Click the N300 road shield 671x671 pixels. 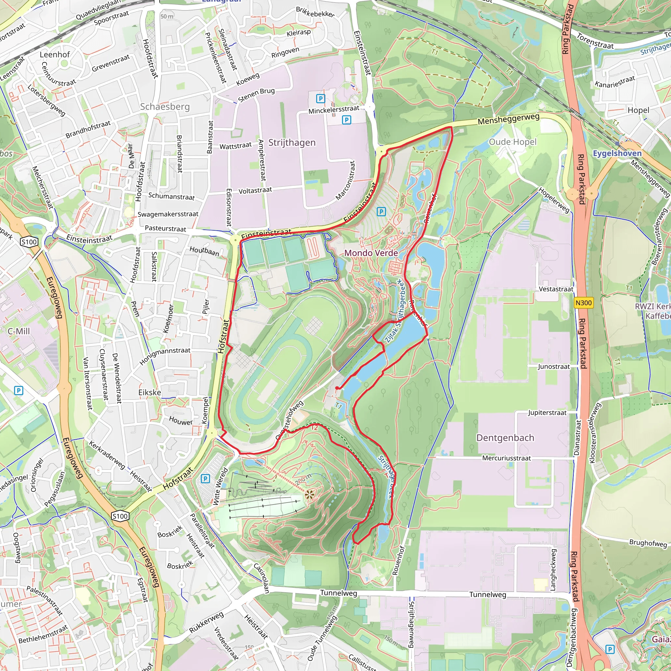pyautogui.click(x=583, y=303)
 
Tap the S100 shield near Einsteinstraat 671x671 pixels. pyautogui.click(x=29, y=242)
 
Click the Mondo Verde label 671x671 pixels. pyautogui.click(x=371, y=253)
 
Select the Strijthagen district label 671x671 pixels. pyautogui.click(x=292, y=143)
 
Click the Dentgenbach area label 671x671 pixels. pyautogui.click(x=505, y=438)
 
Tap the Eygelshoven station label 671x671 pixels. pyautogui.click(x=617, y=153)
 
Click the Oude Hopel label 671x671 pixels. pyautogui.click(x=512, y=142)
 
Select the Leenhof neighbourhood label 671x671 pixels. pyautogui.click(x=54, y=54)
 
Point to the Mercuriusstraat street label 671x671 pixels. pyautogui.click(x=506, y=458)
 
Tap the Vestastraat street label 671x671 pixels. pyautogui.click(x=556, y=289)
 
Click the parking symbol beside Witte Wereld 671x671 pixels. pyautogui.click(x=205, y=479)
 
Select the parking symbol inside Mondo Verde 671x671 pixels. pyautogui.click(x=381, y=212)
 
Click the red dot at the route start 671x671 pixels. pyautogui.click(x=337, y=388)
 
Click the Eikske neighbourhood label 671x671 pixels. pyautogui.click(x=149, y=393)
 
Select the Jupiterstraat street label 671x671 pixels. pyautogui.click(x=547, y=412)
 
